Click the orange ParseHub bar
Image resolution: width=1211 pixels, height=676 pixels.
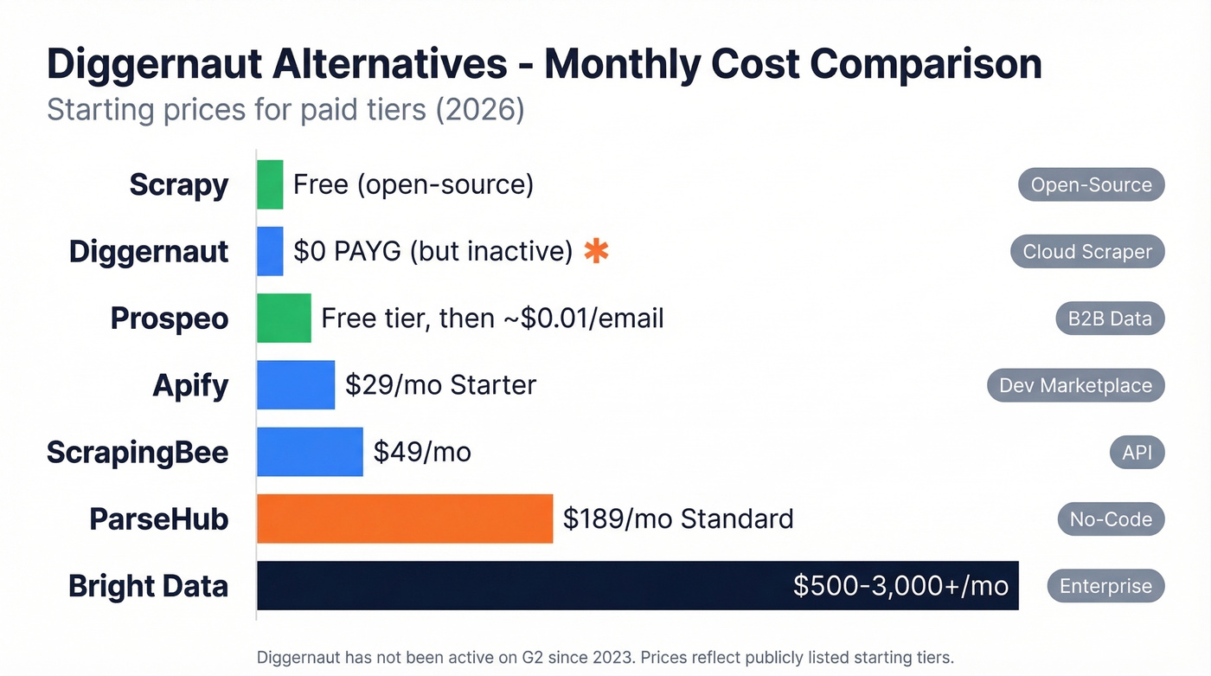coord(405,518)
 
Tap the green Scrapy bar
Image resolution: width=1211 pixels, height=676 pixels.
coord(270,184)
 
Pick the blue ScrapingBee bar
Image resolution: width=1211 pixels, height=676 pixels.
coord(310,452)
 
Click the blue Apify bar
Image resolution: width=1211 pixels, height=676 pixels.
coord(296,385)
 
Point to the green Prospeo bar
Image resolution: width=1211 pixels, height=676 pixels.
coord(284,319)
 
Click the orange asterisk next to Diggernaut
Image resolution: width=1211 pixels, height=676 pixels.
coord(596,251)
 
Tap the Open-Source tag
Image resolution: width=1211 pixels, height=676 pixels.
coord(1091,184)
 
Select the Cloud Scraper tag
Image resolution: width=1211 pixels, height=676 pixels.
coord(1087,252)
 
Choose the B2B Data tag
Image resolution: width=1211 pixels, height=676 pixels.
coord(1110,319)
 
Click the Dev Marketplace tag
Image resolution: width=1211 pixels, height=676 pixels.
coord(1075,385)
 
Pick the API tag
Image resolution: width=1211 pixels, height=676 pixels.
coord(1137,452)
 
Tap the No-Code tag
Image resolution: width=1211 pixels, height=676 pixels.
coord(1111,519)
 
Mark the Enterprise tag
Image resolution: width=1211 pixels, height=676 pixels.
coord(1105,586)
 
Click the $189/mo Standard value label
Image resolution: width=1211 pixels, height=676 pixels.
coord(678,519)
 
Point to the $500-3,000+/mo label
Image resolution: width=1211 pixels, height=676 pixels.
coord(900,586)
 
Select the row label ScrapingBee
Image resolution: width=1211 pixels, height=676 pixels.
coord(138,452)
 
